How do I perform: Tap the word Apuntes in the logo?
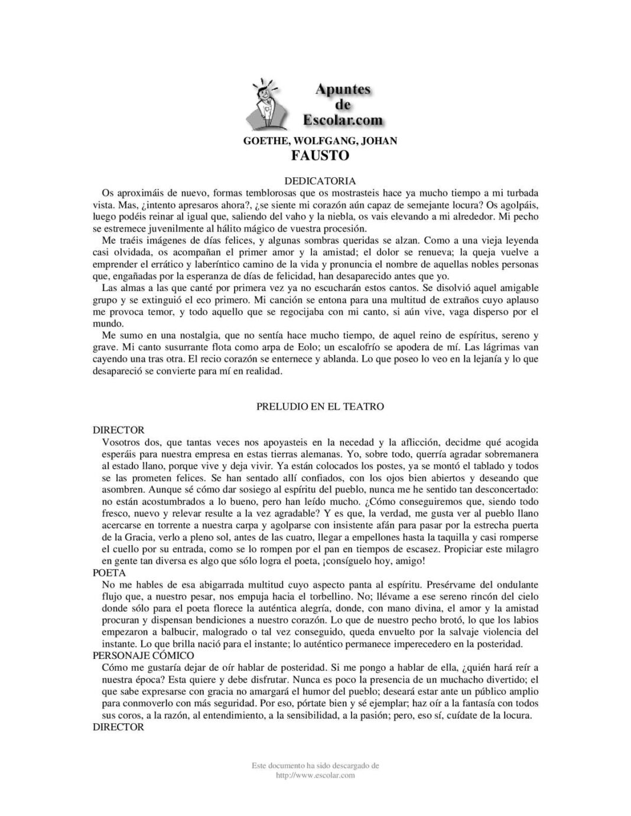[x=343, y=89]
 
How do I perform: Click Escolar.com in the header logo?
[x=343, y=120]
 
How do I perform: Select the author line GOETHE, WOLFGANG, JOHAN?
[x=320, y=141]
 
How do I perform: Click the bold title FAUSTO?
[x=320, y=156]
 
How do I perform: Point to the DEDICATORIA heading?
[x=320, y=180]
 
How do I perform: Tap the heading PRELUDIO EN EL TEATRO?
[x=320, y=406]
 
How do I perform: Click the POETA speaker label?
[x=109, y=572]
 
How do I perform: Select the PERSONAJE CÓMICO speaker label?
[x=144, y=655]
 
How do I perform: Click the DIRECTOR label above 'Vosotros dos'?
[x=118, y=430]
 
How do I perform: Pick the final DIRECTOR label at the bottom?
[x=118, y=727]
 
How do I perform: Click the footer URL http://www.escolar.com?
[x=316, y=775]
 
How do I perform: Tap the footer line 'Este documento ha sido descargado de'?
[x=316, y=766]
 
